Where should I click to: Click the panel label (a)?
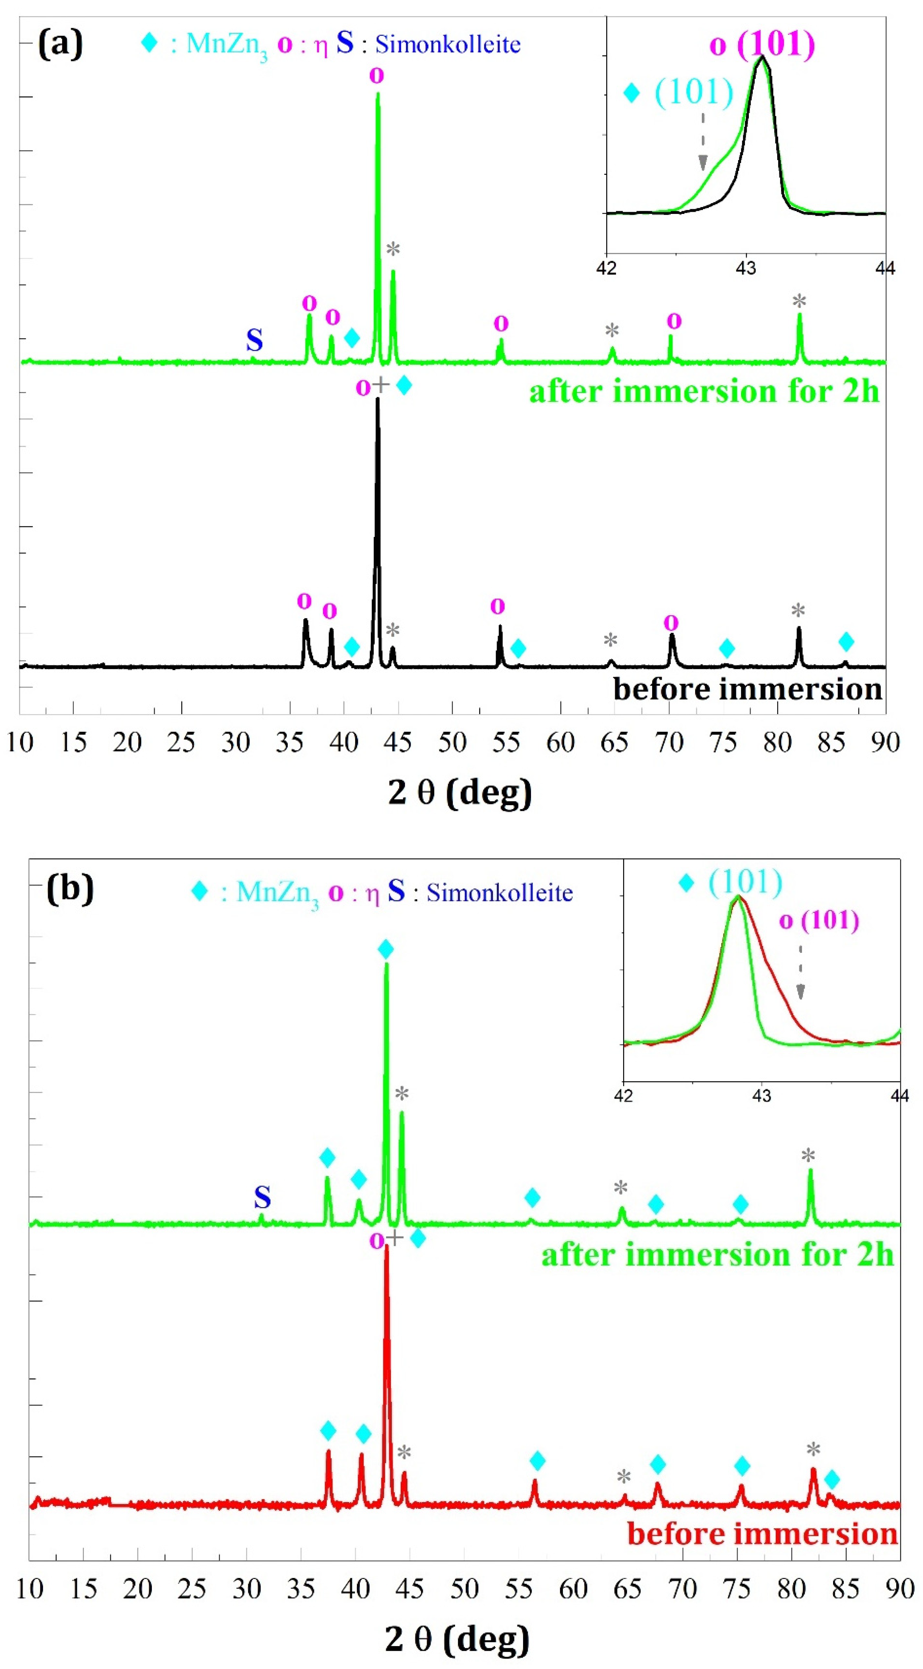click(60, 46)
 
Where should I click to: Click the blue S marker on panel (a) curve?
click(254, 340)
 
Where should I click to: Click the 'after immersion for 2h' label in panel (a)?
click(704, 391)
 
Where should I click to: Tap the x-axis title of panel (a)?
click(460, 792)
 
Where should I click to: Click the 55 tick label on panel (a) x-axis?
click(506, 742)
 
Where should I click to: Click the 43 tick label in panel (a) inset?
click(746, 268)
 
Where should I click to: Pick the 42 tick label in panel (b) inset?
click(623, 1095)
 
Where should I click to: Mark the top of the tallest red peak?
click(387, 1245)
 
